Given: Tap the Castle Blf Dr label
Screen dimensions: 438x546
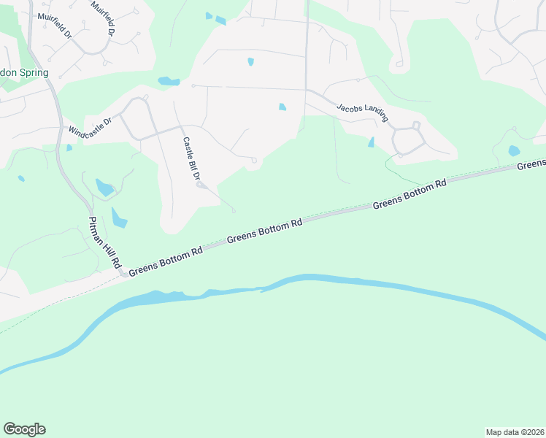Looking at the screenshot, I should point(191,159).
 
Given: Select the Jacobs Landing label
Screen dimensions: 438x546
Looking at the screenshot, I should point(362,112).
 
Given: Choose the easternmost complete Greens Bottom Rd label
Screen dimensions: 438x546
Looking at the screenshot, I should point(409,194).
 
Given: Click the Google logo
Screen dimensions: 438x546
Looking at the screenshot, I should point(24,429).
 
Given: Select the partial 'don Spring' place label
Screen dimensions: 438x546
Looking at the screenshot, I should point(25,73).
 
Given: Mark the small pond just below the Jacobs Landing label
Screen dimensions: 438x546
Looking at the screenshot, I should point(372,142).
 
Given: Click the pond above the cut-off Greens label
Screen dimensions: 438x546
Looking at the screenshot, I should point(514,151).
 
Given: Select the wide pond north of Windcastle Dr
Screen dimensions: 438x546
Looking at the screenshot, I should point(169,81).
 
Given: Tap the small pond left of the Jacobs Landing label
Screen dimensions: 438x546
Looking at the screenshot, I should point(282,107).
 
